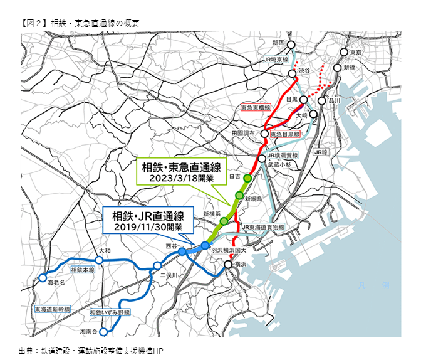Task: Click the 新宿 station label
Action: pos(278,43)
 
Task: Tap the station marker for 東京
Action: pos(343,53)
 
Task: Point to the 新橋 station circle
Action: pos(338,68)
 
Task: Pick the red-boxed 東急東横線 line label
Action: pos(256,108)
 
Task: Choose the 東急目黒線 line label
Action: pos(285,134)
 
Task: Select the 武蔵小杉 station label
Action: pos(279,164)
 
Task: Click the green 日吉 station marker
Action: pos(247,178)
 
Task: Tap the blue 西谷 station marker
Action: pos(182,251)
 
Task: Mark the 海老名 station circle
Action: pos(42,277)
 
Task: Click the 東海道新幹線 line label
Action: pos(53,310)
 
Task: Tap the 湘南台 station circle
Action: pos(105,327)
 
